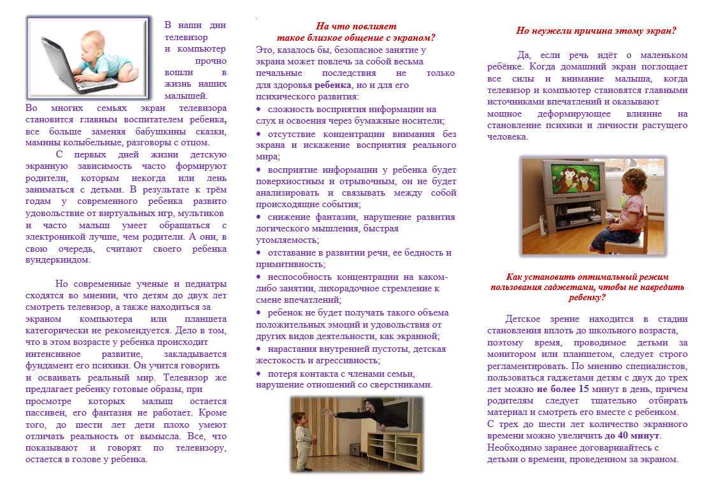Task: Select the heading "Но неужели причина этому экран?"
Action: pos(596,30)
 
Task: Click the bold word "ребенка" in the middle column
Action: pos(332,85)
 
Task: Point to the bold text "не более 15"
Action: pos(562,389)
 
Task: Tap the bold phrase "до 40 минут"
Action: pos(632,435)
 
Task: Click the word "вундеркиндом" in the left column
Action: pos(58,259)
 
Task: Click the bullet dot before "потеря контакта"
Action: pos(259,374)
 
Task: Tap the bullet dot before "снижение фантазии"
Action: pos(259,217)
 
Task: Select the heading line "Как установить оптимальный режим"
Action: pos(587,277)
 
